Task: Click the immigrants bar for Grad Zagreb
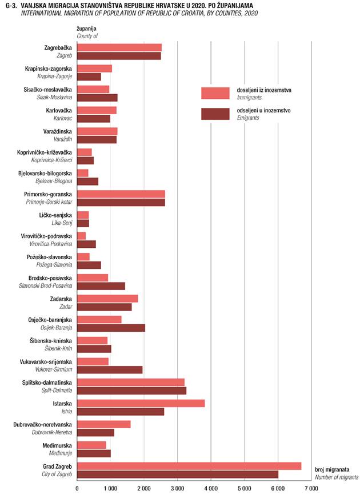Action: click(x=189, y=466)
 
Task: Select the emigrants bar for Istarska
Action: click(x=121, y=412)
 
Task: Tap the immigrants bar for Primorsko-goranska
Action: click(x=121, y=194)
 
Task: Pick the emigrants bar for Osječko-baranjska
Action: click(x=111, y=328)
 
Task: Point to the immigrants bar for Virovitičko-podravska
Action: click(x=81, y=236)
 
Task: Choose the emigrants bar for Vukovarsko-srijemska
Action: click(x=110, y=369)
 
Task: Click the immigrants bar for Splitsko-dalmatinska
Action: click(x=130, y=382)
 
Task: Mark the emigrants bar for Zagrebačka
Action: click(x=119, y=56)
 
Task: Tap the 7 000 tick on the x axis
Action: click(x=311, y=489)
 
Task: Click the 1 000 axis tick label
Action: click(x=110, y=489)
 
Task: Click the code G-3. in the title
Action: click(x=10, y=5)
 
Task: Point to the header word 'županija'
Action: click(x=86, y=27)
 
